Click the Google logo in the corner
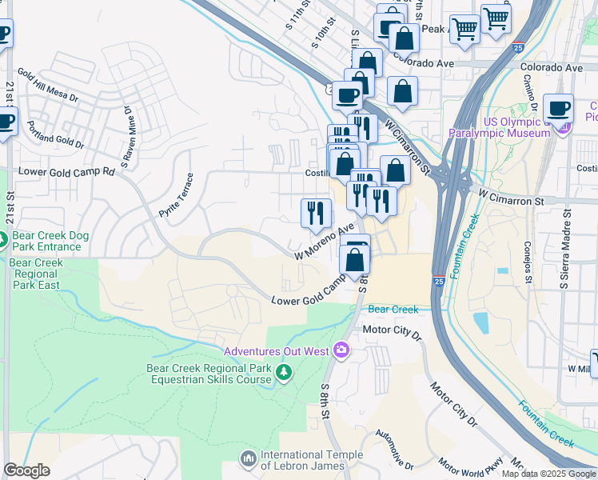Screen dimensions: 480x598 26,470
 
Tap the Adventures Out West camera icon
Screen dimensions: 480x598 342,350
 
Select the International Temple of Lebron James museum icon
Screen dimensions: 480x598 248,456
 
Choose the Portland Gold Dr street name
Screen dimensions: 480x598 54,136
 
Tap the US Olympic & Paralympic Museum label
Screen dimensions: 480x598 500,127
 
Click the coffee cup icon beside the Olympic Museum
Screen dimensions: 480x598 558,109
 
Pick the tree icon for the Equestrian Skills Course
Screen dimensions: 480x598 282,373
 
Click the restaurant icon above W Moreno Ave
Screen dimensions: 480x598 316,213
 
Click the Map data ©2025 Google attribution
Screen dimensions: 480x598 548,474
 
